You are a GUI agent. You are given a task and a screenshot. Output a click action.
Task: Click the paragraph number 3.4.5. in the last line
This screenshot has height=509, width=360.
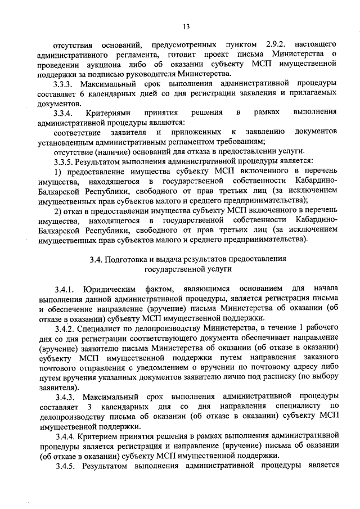[x=66, y=467]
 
